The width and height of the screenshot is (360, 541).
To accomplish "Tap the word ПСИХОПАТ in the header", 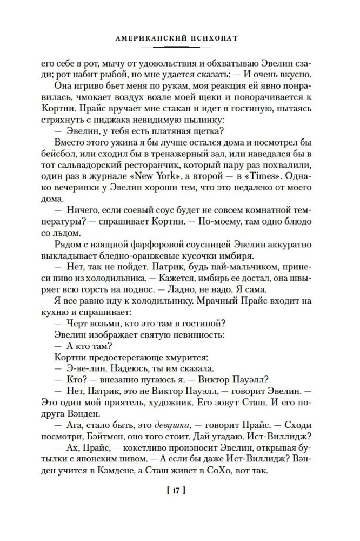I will (216, 39).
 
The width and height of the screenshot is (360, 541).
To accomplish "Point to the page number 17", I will (178, 491).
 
